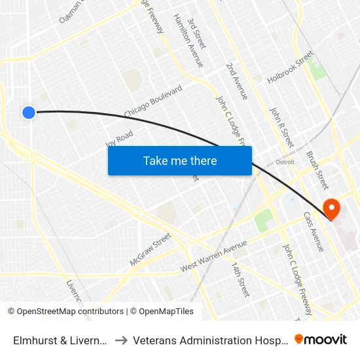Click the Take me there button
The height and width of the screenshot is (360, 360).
click(x=180, y=160)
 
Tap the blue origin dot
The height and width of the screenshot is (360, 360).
click(x=29, y=113)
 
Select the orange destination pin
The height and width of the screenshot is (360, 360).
click(x=332, y=209)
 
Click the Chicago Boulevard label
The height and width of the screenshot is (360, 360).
click(x=153, y=101)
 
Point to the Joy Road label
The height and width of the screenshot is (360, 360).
click(x=119, y=139)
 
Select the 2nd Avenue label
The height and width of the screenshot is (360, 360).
click(x=237, y=81)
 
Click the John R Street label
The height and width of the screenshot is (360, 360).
click(x=282, y=127)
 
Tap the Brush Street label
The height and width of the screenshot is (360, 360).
click(x=317, y=166)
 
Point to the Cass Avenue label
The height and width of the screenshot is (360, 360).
click(x=313, y=231)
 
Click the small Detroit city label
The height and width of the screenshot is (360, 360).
click(x=285, y=162)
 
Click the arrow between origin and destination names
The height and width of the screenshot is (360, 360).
click(x=121, y=340)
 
